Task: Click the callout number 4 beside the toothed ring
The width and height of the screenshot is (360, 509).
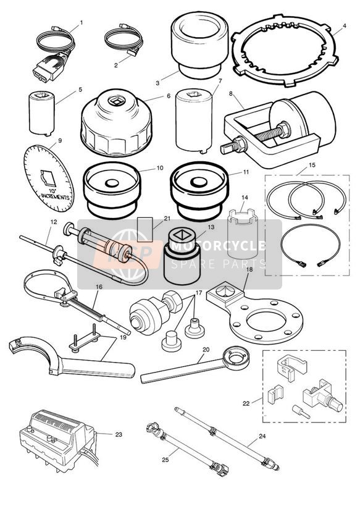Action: tap(344, 25)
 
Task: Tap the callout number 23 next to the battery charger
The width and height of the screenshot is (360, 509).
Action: tap(119, 434)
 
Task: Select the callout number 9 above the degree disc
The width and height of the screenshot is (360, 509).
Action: tap(60, 141)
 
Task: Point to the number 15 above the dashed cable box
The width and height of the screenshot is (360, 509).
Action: tap(312, 165)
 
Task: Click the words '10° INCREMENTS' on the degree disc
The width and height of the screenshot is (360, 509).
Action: tap(55, 194)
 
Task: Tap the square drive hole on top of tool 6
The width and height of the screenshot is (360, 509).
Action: tap(116, 101)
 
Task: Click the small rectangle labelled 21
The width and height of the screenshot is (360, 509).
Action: tap(144, 230)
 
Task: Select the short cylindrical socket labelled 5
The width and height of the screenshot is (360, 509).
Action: tap(42, 113)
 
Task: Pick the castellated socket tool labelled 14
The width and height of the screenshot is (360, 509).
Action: tap(243, 233)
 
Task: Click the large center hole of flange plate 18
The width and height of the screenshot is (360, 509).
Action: tap(266, 321)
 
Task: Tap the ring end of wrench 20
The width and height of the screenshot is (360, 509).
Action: tap(238, 358)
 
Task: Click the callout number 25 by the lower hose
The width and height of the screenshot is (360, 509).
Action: tap(165, 460)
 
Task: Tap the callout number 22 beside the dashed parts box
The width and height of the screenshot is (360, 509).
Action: tap(246, 403)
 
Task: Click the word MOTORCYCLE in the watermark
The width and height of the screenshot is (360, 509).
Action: tap(219, 246)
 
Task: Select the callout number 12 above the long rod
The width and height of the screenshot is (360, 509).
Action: tap(54, 222)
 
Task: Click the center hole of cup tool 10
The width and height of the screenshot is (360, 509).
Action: tap(112, 183)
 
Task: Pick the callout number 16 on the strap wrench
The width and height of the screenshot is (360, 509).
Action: tap(99, 287)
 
